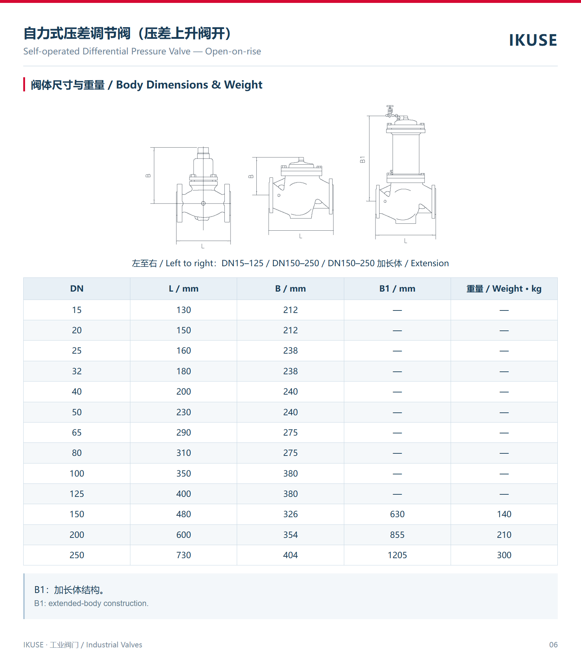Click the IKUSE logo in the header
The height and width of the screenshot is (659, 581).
tap(533, 40)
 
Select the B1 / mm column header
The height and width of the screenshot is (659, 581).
tap(397, 289)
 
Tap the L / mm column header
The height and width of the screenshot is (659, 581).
tap(183, 289)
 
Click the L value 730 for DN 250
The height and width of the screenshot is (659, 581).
tap(183, 555)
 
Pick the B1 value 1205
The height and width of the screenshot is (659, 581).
tap(397, 555)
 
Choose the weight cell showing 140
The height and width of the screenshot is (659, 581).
tap(504, 514)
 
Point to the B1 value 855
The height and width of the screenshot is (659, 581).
tap(397, 535)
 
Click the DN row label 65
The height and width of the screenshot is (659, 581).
tap(77, 433)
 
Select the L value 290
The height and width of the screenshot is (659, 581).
tap(183, 433)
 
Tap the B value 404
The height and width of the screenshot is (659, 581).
tap(290, 555)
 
